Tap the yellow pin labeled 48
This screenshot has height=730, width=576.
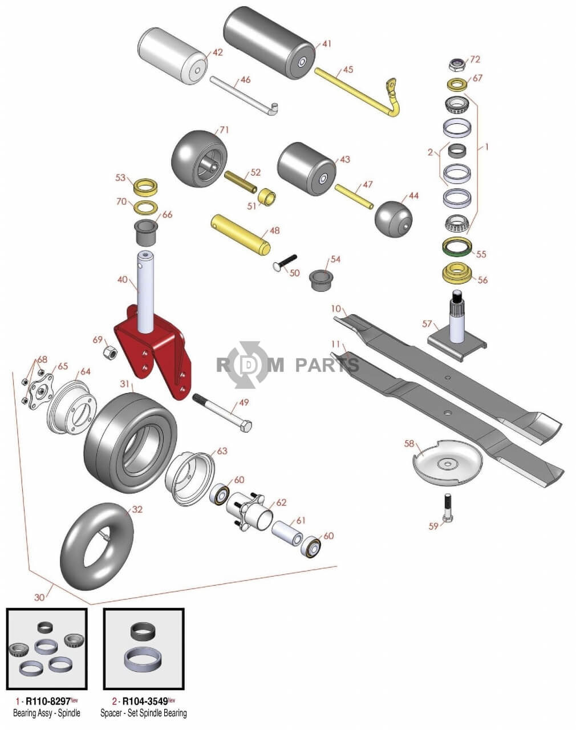coord(240,234)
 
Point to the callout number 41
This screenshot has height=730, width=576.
coord(327,44)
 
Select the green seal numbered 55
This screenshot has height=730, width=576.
coord(457,249)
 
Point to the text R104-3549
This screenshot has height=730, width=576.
coord(145,701)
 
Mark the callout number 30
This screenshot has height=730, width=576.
coord(39,597)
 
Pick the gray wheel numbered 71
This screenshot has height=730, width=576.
coord(199,157)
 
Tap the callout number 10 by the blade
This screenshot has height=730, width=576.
coord(336,309)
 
